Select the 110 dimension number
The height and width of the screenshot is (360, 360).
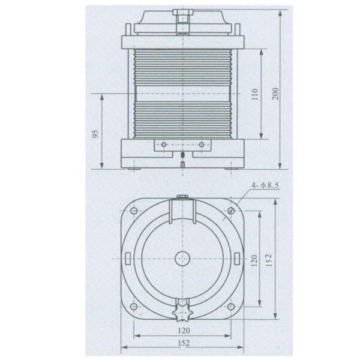[x=254, y=94]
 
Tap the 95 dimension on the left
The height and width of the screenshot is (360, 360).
[x=95, y=133]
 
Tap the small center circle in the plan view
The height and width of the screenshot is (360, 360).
[x=181, y=259]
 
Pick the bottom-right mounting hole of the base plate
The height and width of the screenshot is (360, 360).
[x=231, y=308]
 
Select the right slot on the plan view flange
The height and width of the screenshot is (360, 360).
[x=235, y=259]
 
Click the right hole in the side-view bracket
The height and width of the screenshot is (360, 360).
[x=200, y=144]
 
